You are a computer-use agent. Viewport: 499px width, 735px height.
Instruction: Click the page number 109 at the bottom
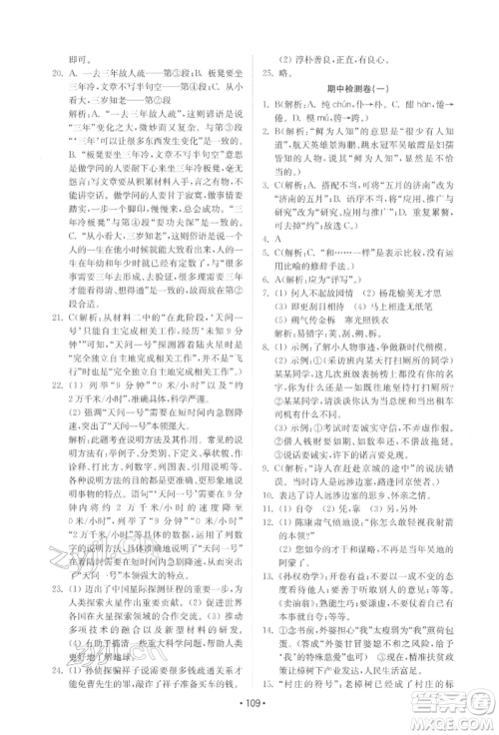click(x=249, y=717)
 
